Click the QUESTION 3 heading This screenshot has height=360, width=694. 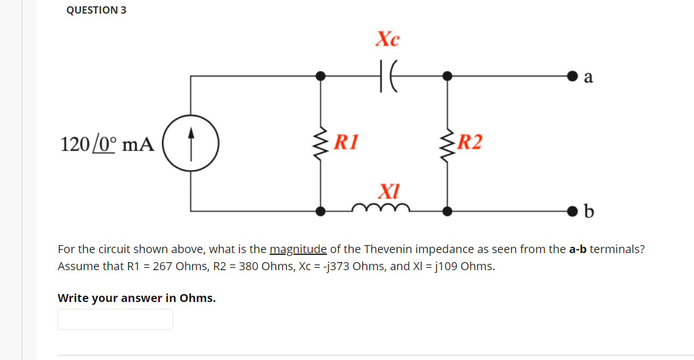pos(96,10)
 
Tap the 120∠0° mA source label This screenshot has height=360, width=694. pos(107,144)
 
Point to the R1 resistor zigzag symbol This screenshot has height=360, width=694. pos(321,143)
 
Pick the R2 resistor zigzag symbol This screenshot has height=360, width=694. pos(448,143)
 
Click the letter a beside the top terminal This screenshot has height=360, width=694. pos(588,77)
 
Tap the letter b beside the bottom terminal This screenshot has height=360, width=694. pos(589,212)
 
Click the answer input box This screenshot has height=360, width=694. pos(115,319)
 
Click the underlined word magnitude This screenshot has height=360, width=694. pos(298,249)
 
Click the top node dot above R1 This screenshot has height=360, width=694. pos(321,75)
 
